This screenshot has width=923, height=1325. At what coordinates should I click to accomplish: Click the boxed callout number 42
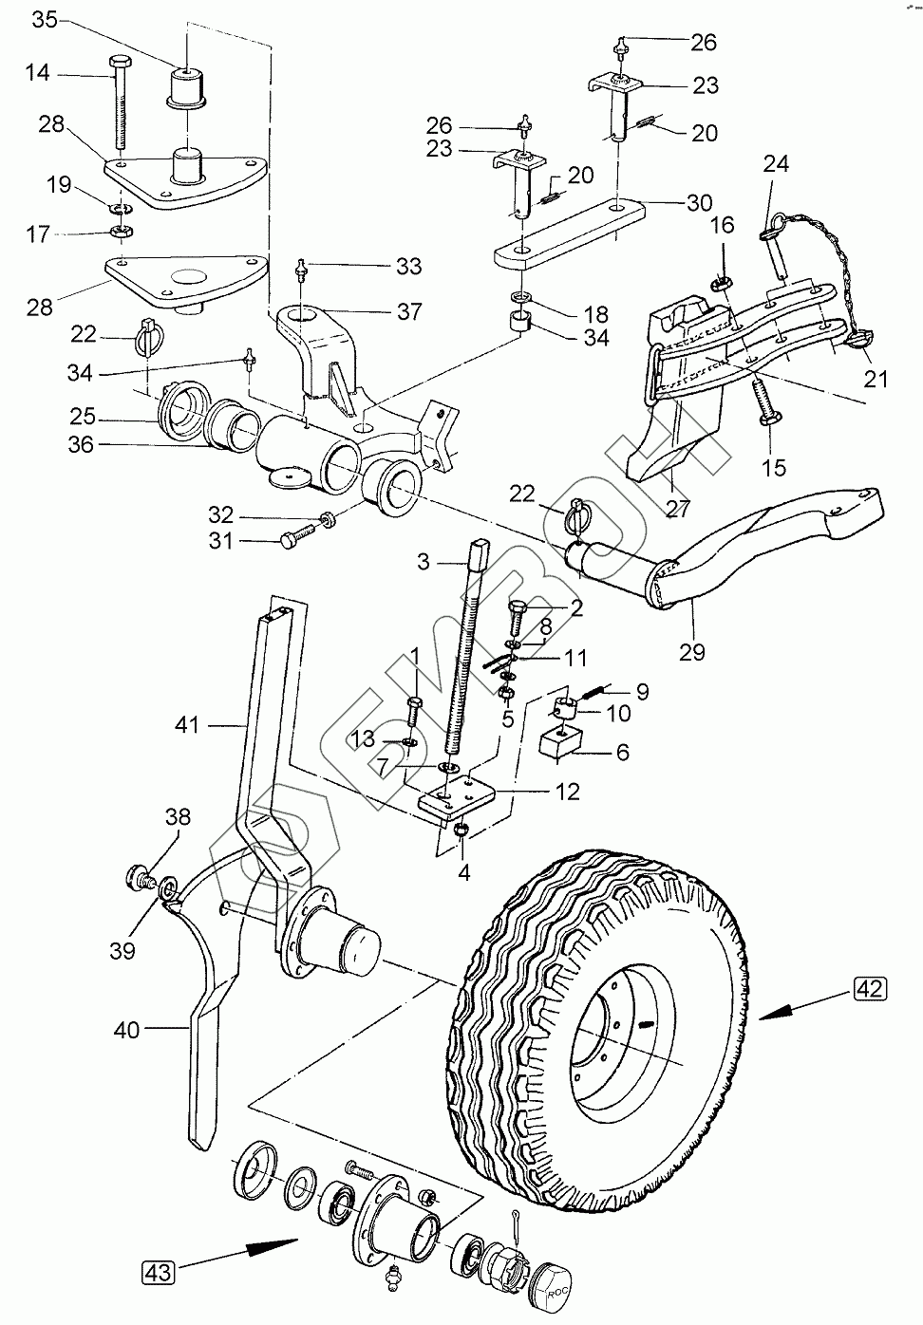click(x=869, y=988)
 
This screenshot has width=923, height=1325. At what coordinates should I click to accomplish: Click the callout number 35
click(x=45, y=20)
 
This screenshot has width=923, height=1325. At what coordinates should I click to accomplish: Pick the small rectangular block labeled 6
click(x=560, y=743)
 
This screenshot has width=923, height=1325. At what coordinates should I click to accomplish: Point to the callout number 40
click(x=125, y=1030)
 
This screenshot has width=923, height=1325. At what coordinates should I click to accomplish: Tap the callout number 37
click(x=409, y=311)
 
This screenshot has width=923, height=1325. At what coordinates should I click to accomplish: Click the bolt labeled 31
click(x=302, y=536)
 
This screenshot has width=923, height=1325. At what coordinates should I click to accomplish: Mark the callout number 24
click(x=776, y=163)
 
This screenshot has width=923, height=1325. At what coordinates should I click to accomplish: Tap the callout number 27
click(x=677, y=508)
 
